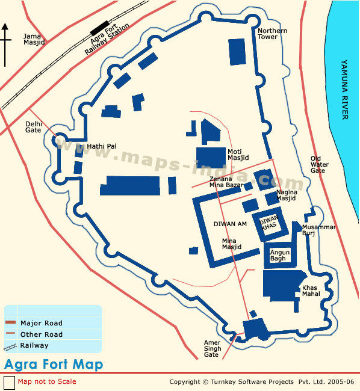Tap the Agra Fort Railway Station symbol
coord(97,28)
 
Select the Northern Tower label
coord(272,34)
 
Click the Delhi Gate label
coord(33,126)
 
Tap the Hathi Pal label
coord(102,146)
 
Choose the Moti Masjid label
coord(235,155)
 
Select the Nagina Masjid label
coord(286,195)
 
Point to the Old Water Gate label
coord(319,164)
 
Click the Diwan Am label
coord(230,224)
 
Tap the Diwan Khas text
coord(268,223)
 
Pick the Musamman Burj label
coord(318,230)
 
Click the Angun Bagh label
coord(280,255)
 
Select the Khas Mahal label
coord(311,291)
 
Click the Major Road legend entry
coord(41,323)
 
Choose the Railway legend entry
coord(34,345)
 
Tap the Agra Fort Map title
coord(54,365)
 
